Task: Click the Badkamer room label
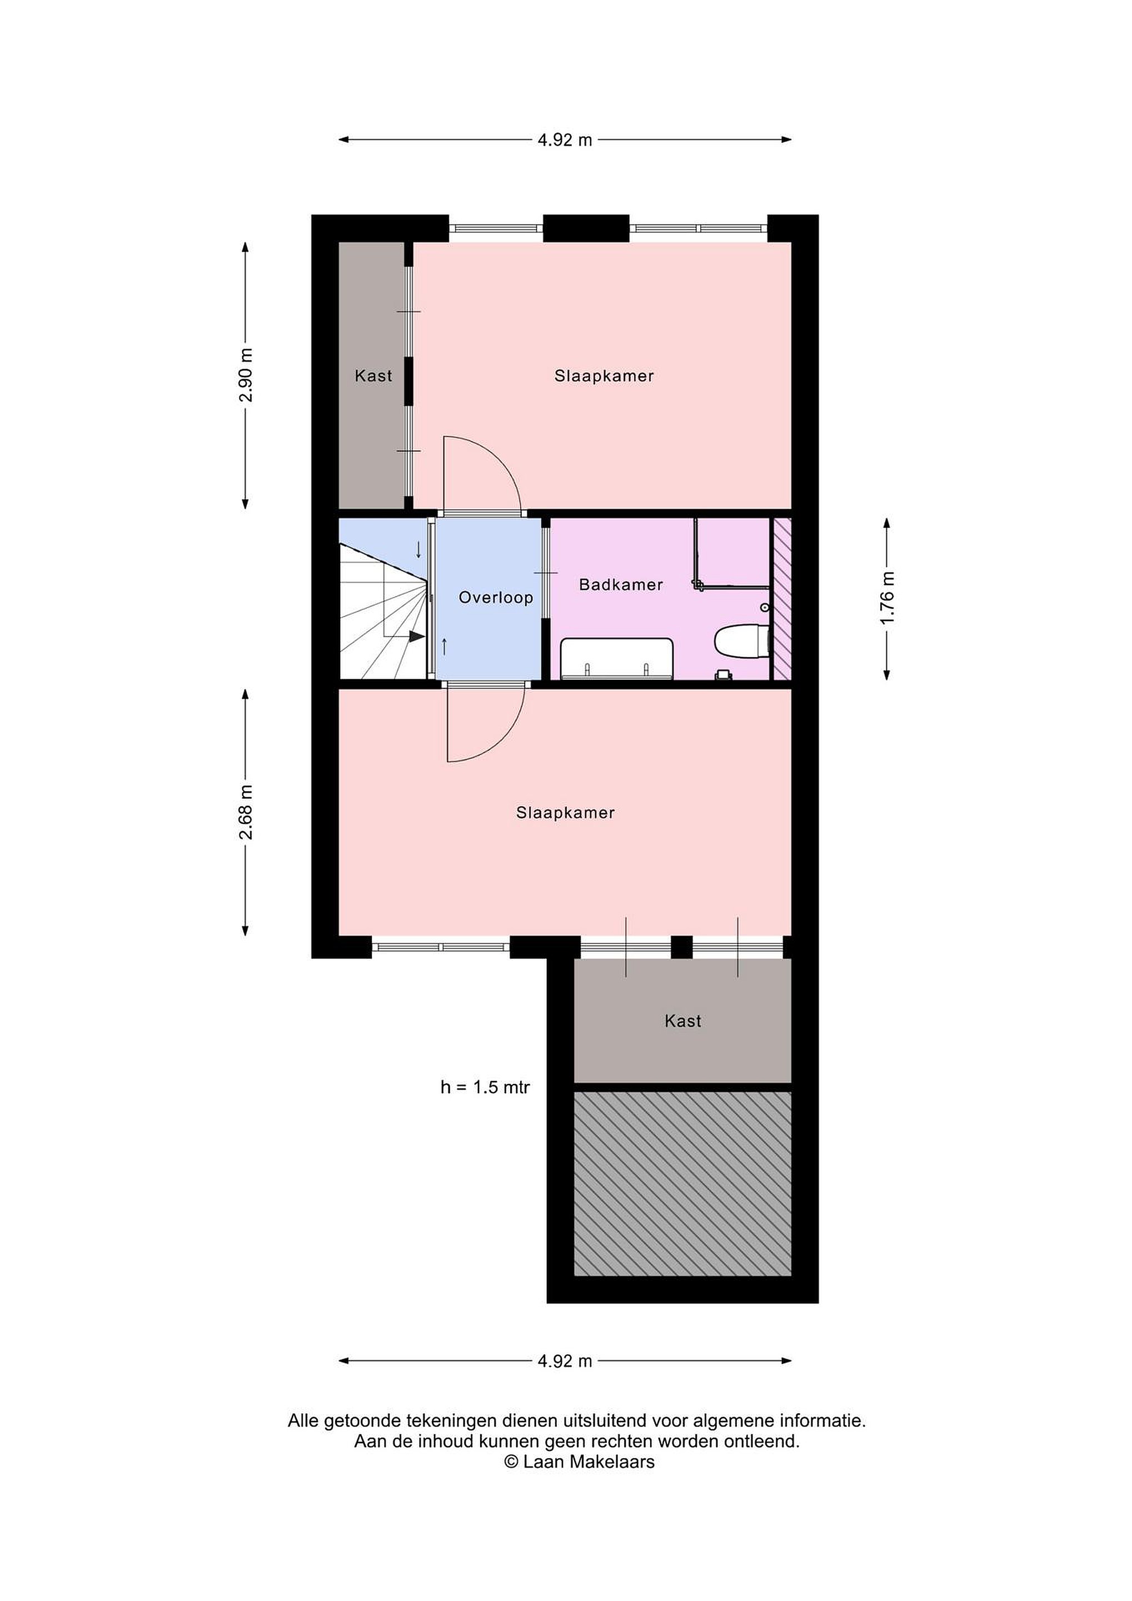coord(620,584)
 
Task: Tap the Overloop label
coord(496,598)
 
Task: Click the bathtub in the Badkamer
coord(617,658)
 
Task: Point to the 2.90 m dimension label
coord(246,375)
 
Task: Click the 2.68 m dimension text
coord(246,812)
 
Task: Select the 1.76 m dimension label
coord(886,598)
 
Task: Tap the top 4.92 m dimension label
coord(565,140)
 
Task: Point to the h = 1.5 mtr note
coord(485,1087)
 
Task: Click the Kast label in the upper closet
coord(373,376)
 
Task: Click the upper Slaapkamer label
coord(604,376)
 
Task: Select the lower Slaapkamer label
coord(565,812)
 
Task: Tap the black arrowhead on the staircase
coord(417,636)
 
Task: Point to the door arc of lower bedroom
coord(505,739)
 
